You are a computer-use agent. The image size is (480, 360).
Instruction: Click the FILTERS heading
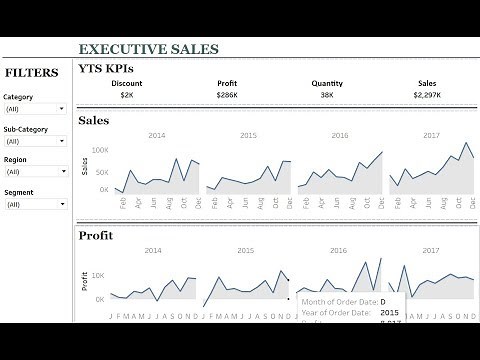(30, 71)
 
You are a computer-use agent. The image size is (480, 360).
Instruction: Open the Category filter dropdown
(36, 109)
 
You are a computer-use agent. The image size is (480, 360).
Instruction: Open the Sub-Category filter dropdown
(36, 140)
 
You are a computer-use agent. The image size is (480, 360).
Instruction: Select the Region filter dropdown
(36, 171)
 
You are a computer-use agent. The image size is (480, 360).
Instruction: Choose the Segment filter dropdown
(36, 203)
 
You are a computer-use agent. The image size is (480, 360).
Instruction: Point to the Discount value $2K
(126, 95)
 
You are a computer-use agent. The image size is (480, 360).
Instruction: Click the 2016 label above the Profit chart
(339, 251)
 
